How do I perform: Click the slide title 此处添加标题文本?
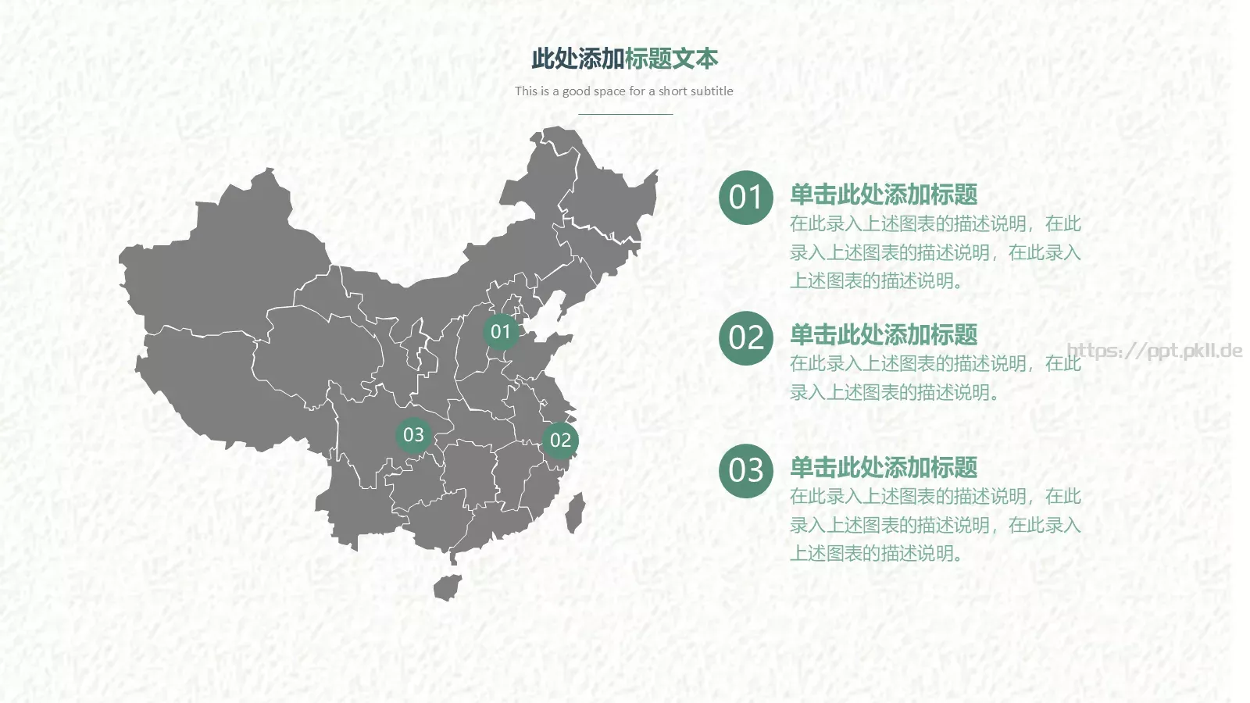(624, 59)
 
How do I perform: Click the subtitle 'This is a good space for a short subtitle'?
(623, 91)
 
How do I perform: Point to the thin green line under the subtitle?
(625, 114)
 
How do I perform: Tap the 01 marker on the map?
(501, 332)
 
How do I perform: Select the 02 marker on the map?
(560, 440)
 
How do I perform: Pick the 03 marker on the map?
(413, 434)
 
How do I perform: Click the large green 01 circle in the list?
(745, 198)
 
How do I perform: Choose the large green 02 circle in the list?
(745, 338)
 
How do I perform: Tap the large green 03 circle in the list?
(745, 471)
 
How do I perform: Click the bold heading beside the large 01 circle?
(883, 194)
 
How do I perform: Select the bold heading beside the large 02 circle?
(883, 335)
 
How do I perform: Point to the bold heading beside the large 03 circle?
(883, 468)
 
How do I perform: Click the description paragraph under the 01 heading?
(934, 252)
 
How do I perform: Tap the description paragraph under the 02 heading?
(934, 378)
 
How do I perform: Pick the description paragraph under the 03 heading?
(934, 525)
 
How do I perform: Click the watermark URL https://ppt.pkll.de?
(1154, 351)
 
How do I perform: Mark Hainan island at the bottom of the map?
(448, 587)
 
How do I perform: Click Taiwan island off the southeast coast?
(575, 512)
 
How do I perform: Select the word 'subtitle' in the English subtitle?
(711, 91)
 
